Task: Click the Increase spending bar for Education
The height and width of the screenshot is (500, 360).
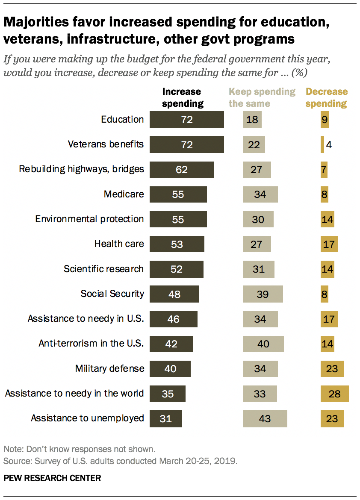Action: [187, 120]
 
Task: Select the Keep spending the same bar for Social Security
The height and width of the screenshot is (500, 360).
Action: [263, 294]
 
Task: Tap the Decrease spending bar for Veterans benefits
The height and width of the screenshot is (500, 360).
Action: [322, 144]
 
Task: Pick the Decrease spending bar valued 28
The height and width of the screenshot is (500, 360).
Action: [335, 394]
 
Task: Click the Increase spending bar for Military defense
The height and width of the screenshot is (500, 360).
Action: [170, 368]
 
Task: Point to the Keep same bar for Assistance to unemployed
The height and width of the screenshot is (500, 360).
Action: [265, 418]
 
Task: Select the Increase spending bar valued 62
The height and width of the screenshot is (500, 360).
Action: [182, 170]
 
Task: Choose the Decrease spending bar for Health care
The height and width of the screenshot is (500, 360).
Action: [329, 244]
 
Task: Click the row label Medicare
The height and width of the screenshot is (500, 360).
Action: [124, 194]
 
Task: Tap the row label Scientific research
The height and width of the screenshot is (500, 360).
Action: [103, 269]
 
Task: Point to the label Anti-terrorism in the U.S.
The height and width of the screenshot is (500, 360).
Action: [91, 343]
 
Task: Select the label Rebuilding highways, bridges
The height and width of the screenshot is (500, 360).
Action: [82, 169]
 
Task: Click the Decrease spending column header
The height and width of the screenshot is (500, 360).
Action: [327, 97]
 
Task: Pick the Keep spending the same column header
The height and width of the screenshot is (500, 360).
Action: [262, 97]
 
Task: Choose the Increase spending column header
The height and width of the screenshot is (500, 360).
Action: [182, 97]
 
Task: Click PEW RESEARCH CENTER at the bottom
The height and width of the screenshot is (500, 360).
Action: [52, 478]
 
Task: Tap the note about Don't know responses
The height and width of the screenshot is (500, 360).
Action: [79, 449]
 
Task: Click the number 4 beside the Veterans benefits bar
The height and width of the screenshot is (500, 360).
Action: [329, 145]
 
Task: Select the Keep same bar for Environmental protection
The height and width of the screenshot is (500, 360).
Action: [258, 219]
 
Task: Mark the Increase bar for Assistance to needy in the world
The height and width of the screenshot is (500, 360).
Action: [168, 394]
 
